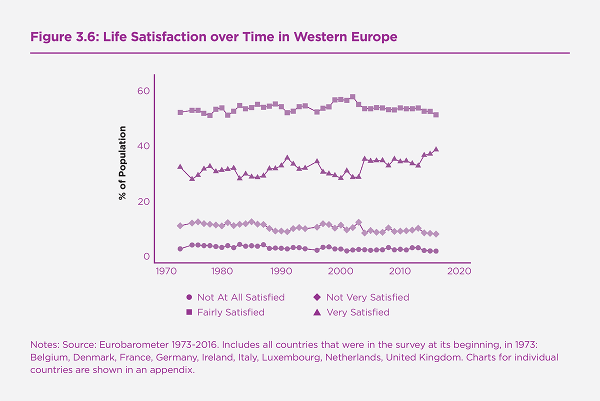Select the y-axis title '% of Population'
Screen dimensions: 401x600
122,163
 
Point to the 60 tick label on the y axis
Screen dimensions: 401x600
143,91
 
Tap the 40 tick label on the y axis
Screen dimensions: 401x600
143,146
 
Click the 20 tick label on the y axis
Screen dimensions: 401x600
143,201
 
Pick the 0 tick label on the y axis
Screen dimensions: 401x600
146,256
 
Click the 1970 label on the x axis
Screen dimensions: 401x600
162,271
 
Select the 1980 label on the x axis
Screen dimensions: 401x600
221,271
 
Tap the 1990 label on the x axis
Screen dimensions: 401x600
281,271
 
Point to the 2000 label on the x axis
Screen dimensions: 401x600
340,271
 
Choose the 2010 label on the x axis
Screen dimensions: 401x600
400,271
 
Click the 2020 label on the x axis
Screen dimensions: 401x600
459,271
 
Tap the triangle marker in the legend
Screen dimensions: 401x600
317,312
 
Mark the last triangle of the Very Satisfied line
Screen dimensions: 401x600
436,149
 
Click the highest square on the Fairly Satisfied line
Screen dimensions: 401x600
352,97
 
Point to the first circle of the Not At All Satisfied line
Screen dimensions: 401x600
180,248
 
